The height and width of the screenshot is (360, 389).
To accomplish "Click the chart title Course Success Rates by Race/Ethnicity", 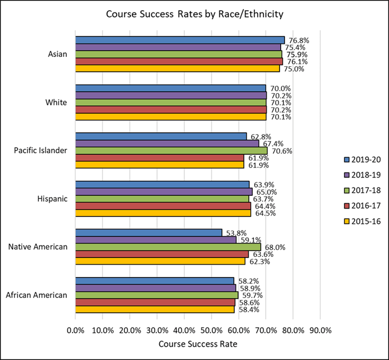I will pyautogui.click(x=194, y=15).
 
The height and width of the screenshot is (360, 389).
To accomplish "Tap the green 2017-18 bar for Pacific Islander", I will pyautogui.click(x=171, y=151).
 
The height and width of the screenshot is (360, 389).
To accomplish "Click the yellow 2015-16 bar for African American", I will pyautogui.click(x=155, y=309).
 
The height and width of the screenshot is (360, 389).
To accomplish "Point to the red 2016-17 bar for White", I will pyautogui.click(x=171, y=110).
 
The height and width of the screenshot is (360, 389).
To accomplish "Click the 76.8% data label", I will pyautogui.click(x=296, y=40).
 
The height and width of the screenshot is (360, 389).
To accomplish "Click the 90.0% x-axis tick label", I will pyautogui.click(x=320, y=329).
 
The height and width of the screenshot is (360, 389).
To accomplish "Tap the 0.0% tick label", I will pyautogui.click(x=76, y=329).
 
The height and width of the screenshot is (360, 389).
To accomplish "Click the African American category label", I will pyautogui.click(x=37, y=295).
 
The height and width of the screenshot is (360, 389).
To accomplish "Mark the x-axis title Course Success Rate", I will pyautogui.click(x=198, y=343).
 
